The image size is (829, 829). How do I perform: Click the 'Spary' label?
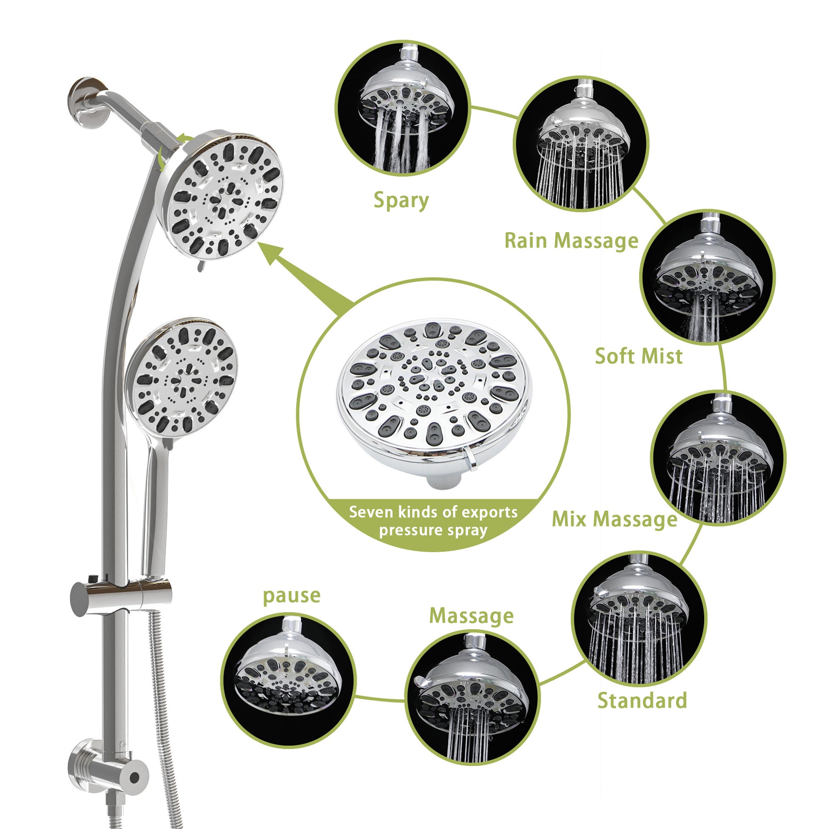tap(401, 201)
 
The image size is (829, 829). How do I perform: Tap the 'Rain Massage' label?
tap(571, 240)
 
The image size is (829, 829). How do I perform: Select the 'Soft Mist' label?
tap(639, 356)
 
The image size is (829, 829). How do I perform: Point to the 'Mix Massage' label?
tap(614, 519)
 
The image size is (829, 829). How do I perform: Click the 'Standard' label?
tap(642, 700)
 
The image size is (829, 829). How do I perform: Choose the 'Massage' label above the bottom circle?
tap(471, 616)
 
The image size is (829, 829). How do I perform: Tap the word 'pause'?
tap(291, 596)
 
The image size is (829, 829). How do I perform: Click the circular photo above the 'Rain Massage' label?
tap(581, 143)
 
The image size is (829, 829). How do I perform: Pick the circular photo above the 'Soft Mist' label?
tap(707, 277)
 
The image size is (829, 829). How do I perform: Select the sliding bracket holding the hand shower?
tap(120, 596)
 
